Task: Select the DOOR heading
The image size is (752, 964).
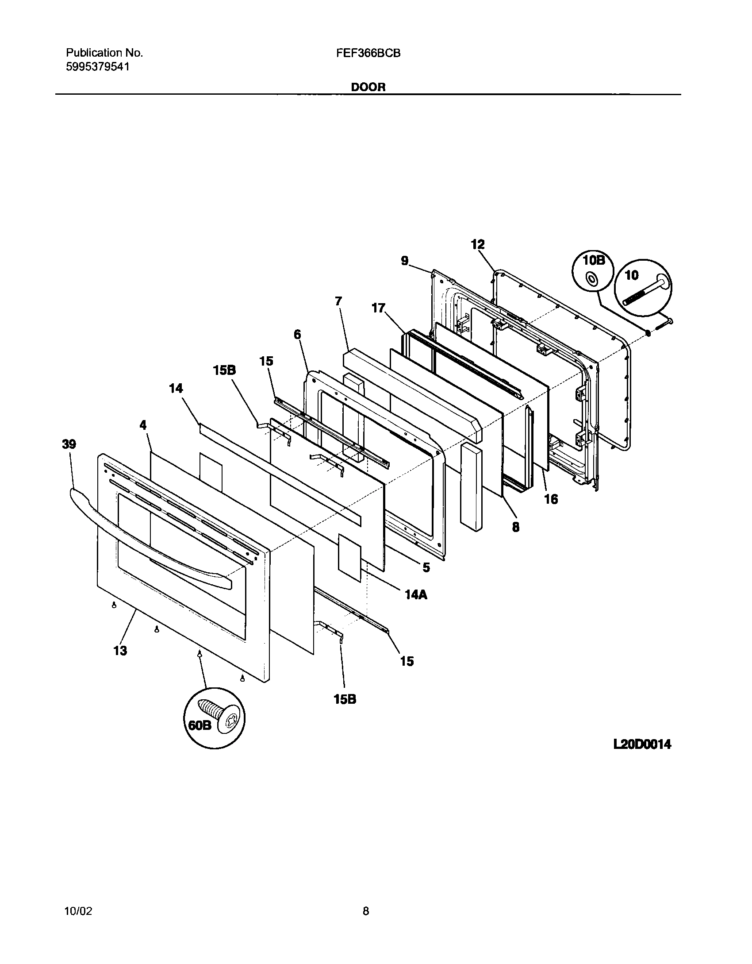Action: pos(368,87)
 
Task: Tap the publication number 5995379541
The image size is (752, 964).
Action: pos(98,67)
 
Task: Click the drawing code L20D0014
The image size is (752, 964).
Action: pos(642,744)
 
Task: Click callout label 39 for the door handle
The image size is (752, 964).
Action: pos(69,444)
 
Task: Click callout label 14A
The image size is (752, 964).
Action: pos(416,594)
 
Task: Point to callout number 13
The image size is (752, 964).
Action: pos(120,651)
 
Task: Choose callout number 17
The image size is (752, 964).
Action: pos(379,308)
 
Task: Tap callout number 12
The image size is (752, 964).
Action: pos(478,244)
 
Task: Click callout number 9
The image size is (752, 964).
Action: pos(405,261)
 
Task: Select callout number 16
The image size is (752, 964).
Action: pos(551,499)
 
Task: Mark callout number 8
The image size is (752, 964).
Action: pos(516,527)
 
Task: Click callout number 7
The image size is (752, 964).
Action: pos(338,301)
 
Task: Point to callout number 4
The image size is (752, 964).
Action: pos(143,425)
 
